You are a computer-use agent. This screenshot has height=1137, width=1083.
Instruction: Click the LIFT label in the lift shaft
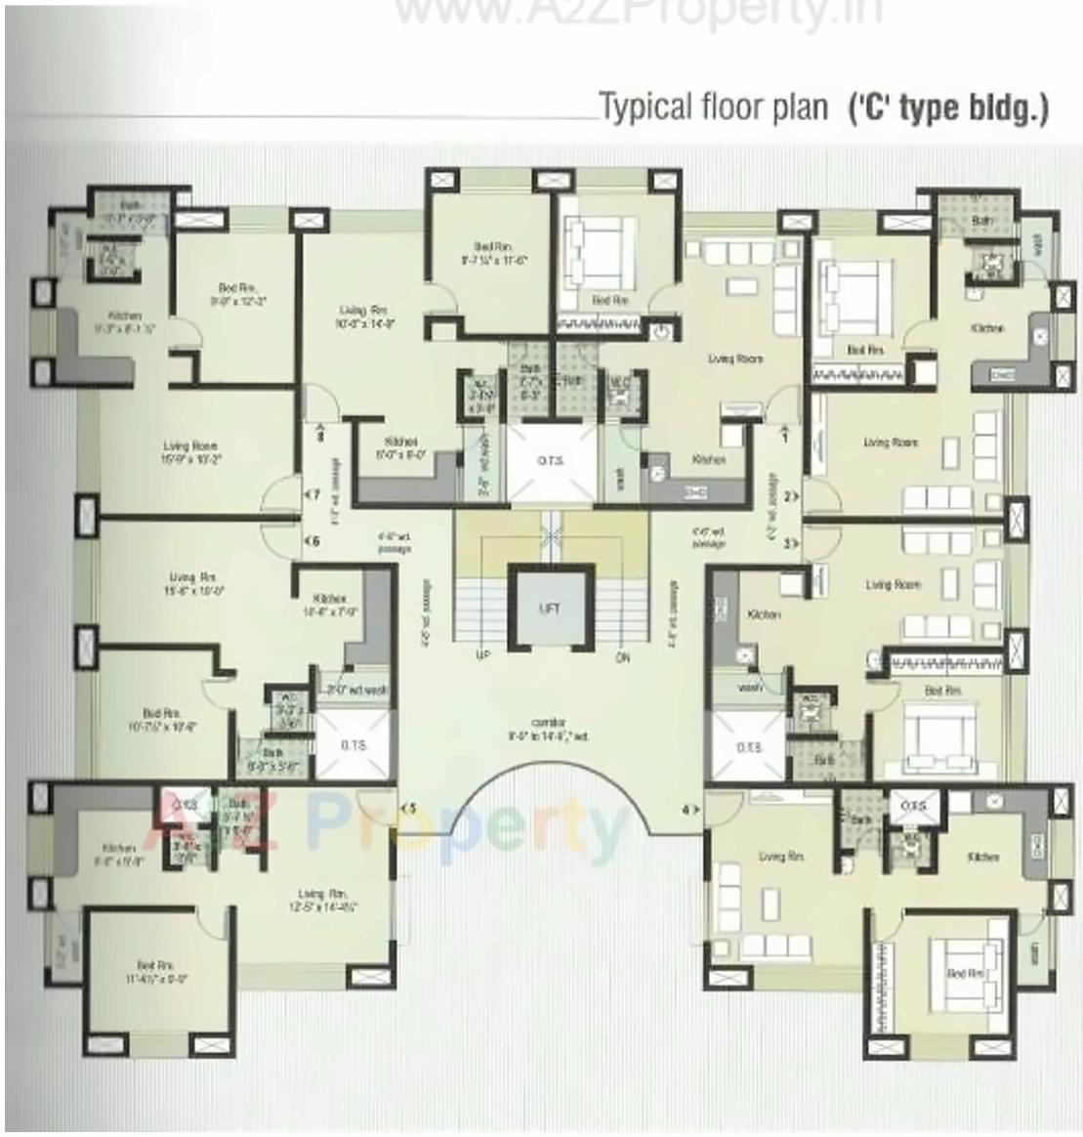550,608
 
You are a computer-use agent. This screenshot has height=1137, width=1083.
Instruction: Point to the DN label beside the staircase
623,658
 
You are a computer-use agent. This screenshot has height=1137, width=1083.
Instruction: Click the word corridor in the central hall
549,722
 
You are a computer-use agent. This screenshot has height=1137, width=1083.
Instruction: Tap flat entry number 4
687,809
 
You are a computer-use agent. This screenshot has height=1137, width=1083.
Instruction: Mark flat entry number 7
313,495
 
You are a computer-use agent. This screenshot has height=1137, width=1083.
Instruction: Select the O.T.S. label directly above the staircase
550,461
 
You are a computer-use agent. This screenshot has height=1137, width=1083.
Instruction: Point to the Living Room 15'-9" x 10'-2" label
190,451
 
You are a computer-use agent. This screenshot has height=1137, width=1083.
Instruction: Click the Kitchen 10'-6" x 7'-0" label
330,605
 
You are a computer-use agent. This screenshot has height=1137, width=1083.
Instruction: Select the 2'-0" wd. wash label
357,689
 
